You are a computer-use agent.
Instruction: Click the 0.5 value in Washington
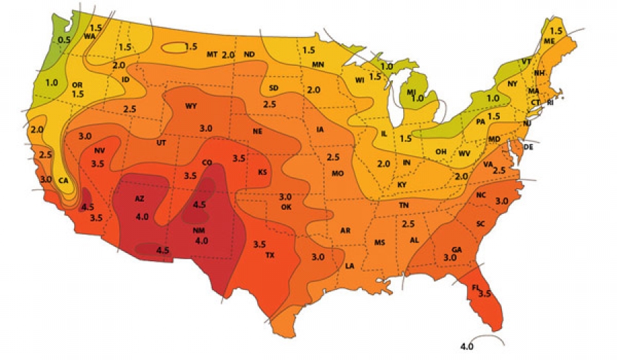(64, 40)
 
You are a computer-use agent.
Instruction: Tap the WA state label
(89, 36)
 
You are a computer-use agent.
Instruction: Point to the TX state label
(270, 255)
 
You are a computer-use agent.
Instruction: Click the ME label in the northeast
(548, 40)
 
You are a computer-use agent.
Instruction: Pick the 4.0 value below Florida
(467, 346)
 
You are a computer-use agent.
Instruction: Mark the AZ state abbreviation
(139, 199)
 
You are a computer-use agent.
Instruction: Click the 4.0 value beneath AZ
(143, 217)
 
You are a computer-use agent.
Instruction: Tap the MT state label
(212, 54)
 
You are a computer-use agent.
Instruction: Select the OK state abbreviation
(287, 206)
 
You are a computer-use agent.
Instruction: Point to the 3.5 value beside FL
(485, 293)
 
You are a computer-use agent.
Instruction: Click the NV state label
(99, 150)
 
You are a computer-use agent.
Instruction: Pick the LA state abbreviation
(349, 265)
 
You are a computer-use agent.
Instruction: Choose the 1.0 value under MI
(417, 99)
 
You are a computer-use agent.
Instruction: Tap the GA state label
(456, 249)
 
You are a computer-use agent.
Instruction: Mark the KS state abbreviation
(262, 172)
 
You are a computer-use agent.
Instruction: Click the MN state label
(318, 64)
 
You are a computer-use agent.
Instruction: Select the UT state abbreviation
(161, 143)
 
